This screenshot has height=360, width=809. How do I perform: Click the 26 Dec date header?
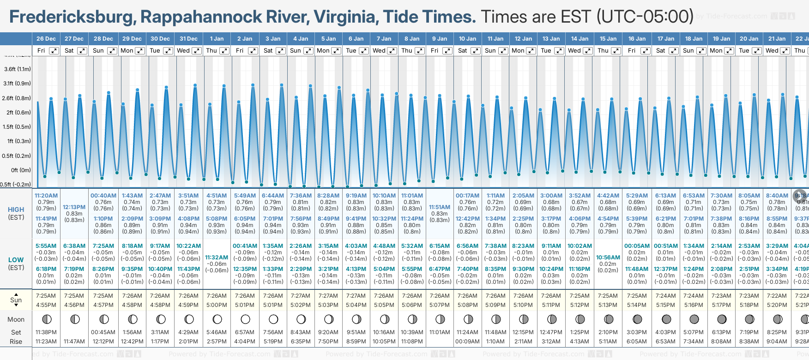pos(46,39)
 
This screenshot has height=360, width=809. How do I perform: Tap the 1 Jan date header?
pos(217,39)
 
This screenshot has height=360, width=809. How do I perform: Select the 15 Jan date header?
pos(608,39)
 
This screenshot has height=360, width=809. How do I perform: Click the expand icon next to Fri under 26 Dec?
pos(54,51)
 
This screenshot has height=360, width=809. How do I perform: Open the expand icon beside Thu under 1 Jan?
pos(224,51)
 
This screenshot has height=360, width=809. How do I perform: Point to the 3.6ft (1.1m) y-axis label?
pos(18,69)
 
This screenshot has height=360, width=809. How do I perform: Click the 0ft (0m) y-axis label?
pos(21,170)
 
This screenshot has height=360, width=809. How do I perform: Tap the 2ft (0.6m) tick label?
pos(19,112)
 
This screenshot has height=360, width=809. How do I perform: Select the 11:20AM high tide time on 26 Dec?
pos(46,196)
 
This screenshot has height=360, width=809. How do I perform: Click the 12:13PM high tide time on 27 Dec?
pos(74,207)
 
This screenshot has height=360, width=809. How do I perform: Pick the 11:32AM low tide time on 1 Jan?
pos(217,258)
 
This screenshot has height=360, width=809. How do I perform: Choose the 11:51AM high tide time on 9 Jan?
pos(440,207)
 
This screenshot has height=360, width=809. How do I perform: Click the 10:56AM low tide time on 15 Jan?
pos(608,258)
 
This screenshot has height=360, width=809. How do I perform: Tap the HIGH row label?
pos(16,210)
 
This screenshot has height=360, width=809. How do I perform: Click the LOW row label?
pos(16,260)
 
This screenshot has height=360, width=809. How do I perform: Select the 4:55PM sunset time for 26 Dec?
pos(46,305)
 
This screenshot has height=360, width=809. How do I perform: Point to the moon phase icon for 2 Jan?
pos(245,319)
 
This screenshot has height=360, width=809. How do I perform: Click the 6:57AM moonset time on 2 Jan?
pos(245,332)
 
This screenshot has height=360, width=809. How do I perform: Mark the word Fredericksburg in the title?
pos(72,17)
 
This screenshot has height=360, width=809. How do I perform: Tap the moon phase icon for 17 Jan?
pos(666,319)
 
